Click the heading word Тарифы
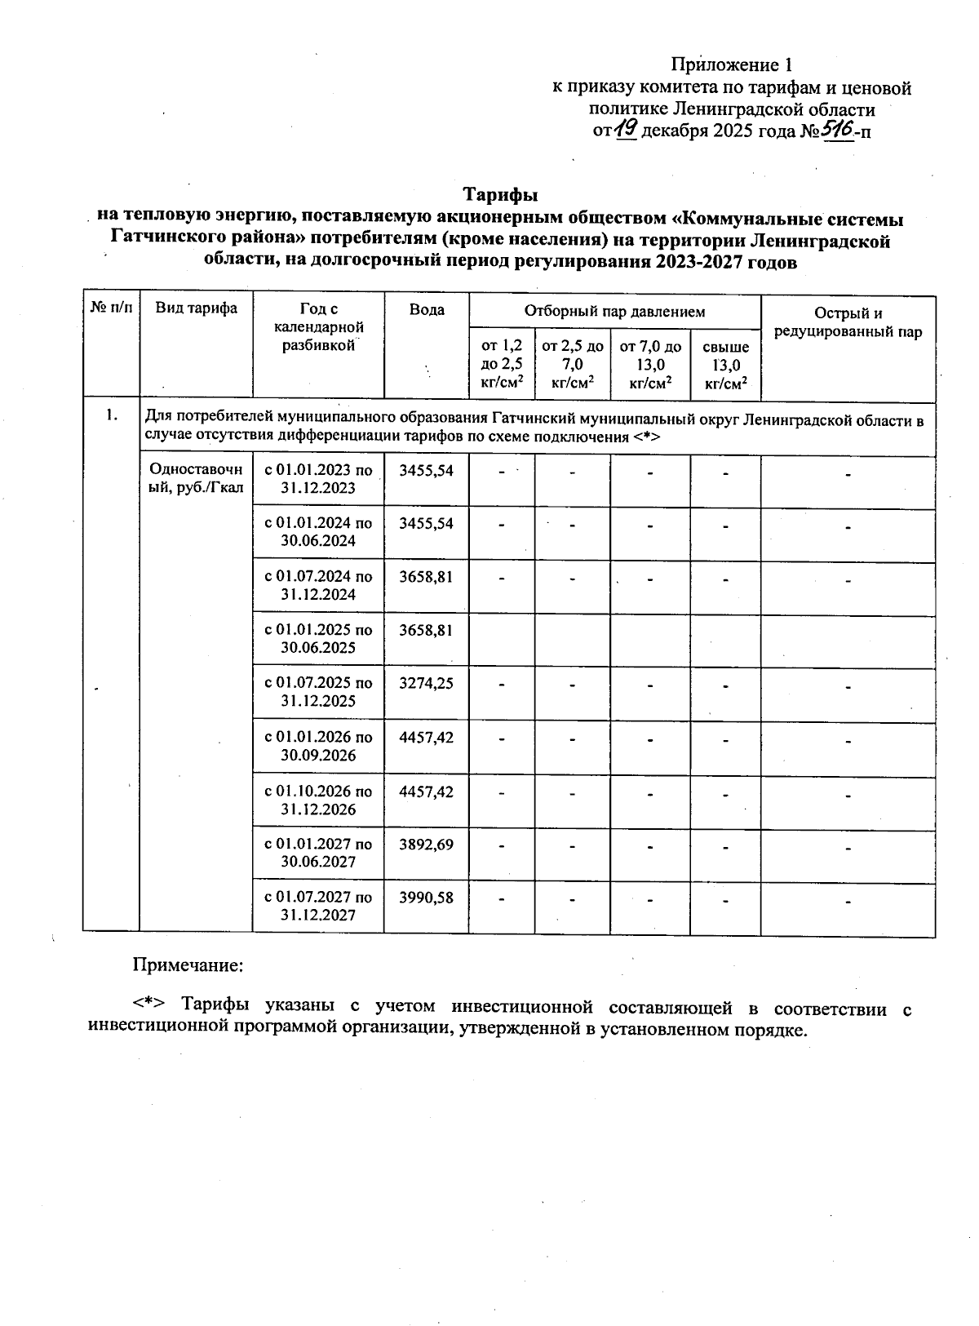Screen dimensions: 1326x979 tap(500, 196)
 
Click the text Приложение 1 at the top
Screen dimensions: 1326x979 tap(732, 64)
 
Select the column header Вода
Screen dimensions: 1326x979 tap(427, 310)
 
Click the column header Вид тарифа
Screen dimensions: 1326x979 tap(197, 308)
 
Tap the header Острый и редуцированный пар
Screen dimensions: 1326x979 tap(848, 322)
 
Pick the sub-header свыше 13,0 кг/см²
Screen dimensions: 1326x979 tap(725, 365)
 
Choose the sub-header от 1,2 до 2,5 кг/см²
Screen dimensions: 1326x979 tap(502, 364)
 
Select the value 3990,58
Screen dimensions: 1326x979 tap(426, 898)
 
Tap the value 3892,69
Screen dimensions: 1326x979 tap(426, 845)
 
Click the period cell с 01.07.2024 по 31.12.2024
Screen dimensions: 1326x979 tap(318, 585)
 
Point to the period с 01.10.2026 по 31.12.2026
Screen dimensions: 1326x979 tap(318, 800)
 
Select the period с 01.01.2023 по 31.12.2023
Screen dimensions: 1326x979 tap(318, 479)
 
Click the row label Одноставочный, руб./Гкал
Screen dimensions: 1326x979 tap(197, 479)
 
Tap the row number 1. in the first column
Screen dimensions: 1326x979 tap(112, 416)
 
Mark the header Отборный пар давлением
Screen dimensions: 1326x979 tap(614, 311)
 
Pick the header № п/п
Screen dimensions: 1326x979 tap(111, 308)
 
